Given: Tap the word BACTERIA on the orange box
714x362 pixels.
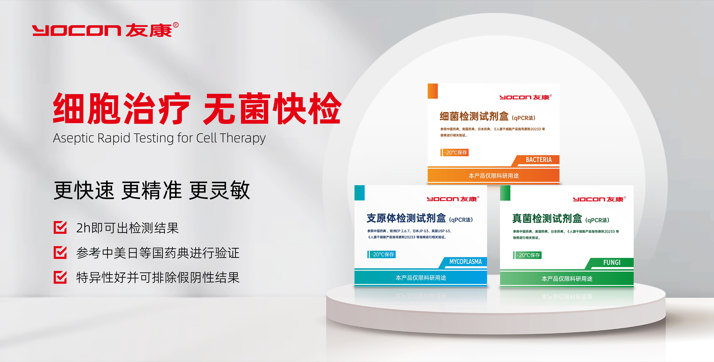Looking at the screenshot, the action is coord(539,160).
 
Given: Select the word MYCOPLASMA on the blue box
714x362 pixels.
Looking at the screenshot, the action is coord(465,261).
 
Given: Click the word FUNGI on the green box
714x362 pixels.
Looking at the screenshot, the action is coord(612,262).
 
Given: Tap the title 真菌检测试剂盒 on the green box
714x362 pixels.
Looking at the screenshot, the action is coord(547,219).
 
